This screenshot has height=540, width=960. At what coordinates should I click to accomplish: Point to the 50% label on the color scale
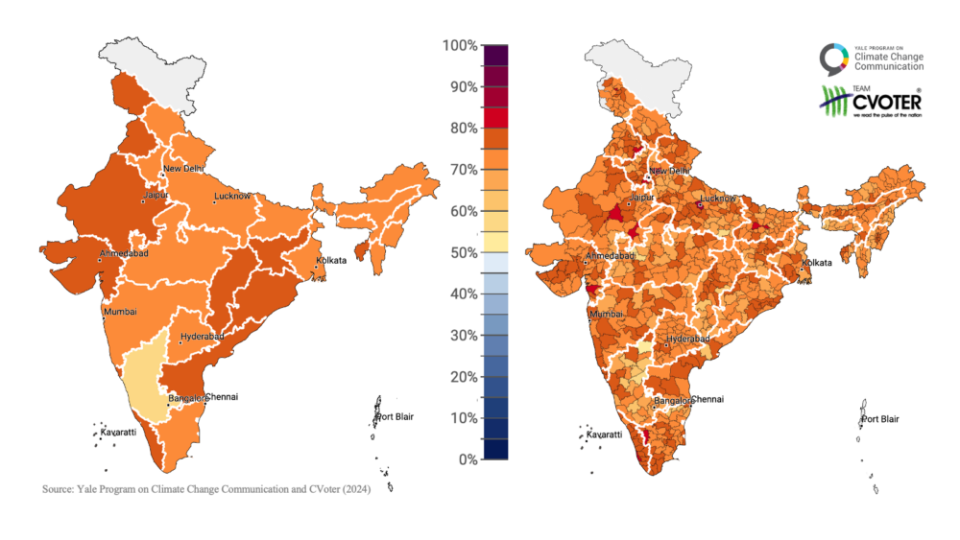[x=462, y=252]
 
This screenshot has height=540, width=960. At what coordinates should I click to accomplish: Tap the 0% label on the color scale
[x=465, y=459]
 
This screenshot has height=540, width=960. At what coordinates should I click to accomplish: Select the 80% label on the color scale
[x=462, y=129]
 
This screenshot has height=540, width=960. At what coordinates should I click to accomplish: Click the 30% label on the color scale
[x=462, y=336]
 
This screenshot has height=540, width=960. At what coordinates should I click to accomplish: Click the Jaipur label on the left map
[x=156, y=195]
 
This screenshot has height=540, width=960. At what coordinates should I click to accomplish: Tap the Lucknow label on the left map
[x=232, y=196]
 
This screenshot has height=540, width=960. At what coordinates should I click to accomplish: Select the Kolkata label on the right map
[x=817, y=262]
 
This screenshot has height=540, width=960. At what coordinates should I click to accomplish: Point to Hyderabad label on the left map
[x=202, y=337]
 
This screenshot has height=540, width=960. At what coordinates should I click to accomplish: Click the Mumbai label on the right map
[x=606, y=314]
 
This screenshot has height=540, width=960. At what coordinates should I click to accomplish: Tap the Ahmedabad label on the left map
[x=126, y=254]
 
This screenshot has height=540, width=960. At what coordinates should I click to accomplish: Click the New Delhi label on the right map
[x=668, y=171]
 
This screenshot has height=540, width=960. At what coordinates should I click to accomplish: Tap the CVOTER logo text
[x=886, y=100]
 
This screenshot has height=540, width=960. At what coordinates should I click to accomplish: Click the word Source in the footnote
[x=59, y=489]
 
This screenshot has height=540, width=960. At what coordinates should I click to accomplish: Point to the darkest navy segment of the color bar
[x=495, y=449]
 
